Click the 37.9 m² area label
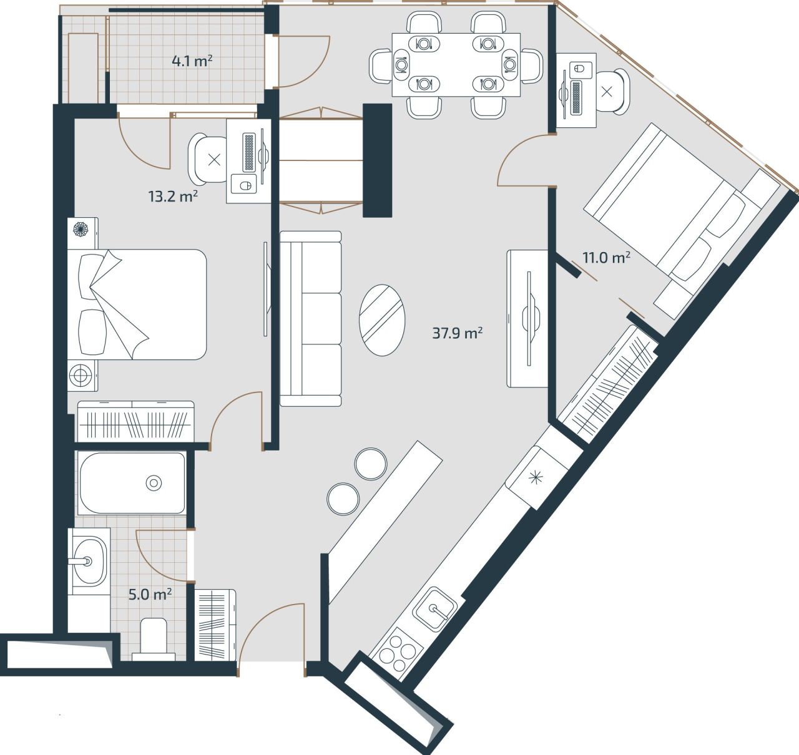(457, 333)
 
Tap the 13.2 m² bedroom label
(173, 197)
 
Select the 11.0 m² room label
(605, 257)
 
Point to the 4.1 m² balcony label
(192, 61)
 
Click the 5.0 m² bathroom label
(150, 594)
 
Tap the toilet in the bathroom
(154, 639)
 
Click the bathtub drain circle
(154, 482)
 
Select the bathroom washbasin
(88, 560)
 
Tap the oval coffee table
(381, 320)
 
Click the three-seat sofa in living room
(310, 318)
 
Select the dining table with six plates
(456, 64)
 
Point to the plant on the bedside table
(81, 230)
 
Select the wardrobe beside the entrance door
(215, 625)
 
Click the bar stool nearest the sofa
(371, 464)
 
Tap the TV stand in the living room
(528, 318)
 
